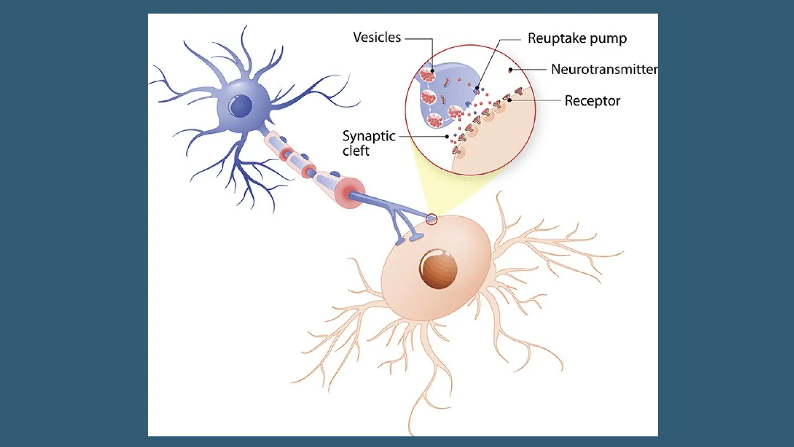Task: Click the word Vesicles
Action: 376,37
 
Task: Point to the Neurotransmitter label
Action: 604,69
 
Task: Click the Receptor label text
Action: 592,101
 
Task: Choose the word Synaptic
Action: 369,136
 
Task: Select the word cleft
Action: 356,151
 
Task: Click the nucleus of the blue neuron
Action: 240,106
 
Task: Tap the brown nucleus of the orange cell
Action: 438,269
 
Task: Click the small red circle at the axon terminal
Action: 432,219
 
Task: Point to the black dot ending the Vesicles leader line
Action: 432,71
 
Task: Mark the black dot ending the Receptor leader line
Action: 510,100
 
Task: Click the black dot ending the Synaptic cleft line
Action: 447,137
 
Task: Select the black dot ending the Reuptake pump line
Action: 477,88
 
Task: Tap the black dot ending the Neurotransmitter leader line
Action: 511,70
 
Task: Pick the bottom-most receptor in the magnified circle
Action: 457,150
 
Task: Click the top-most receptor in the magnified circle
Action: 518,91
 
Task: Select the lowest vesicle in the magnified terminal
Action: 435,121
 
